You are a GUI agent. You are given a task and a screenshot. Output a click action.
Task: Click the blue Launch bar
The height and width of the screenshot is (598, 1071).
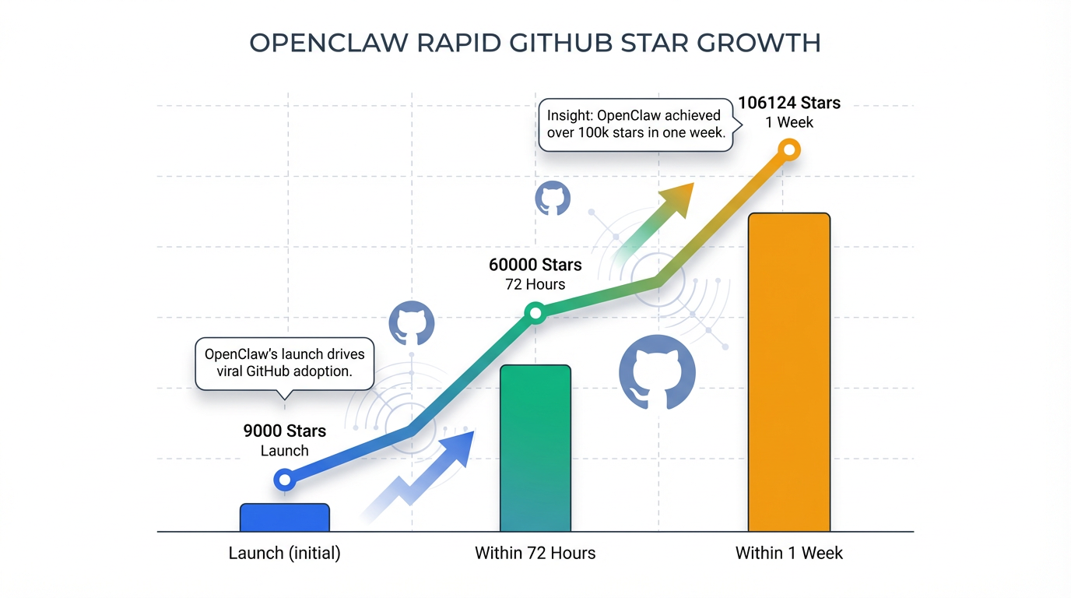(x=285, y=518)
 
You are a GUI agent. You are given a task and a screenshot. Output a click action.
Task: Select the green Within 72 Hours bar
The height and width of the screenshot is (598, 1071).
(x=535, y=448)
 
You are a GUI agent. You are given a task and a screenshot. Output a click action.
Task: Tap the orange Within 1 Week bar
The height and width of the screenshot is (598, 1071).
(x=789, y=372)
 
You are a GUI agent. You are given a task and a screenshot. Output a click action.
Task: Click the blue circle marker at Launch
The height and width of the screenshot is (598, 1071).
(x=285, y=480)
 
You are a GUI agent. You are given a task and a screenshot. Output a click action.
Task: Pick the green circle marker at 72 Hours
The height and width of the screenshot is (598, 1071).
(x=535, y=314)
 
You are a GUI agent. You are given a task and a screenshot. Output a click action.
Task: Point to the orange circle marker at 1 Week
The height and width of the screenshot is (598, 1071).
(x=789, y=149)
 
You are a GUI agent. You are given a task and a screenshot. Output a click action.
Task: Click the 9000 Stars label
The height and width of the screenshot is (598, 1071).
(x=285, y=431)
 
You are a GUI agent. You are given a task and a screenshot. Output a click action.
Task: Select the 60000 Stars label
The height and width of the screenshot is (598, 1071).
(x=535, y=265)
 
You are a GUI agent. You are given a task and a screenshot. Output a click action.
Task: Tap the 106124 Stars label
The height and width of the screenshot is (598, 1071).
(x=789, y=104)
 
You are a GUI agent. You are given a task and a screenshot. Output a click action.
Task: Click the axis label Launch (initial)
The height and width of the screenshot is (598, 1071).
(x=285, y=554)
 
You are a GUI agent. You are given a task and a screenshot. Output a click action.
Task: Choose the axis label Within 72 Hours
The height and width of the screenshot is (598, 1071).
(x=535, y=554)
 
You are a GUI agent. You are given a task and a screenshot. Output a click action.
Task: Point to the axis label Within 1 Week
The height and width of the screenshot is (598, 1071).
(x=789, y=554)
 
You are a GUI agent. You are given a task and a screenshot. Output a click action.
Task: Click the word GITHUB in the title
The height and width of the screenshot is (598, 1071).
(x=561, y=43)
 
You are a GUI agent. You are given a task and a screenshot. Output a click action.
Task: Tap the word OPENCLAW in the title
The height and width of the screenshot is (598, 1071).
(x=328, y=43)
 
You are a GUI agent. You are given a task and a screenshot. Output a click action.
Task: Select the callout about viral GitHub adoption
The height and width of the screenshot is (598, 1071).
(x=285, y=363)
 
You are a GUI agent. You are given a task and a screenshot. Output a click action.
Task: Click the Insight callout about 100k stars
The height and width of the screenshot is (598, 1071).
(x=635, y=125)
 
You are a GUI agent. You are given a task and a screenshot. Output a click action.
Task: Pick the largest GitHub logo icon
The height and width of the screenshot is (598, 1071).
(x=657, y=373)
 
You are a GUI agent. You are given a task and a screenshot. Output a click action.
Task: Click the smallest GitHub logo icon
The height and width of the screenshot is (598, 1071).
(x=552, y=199)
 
